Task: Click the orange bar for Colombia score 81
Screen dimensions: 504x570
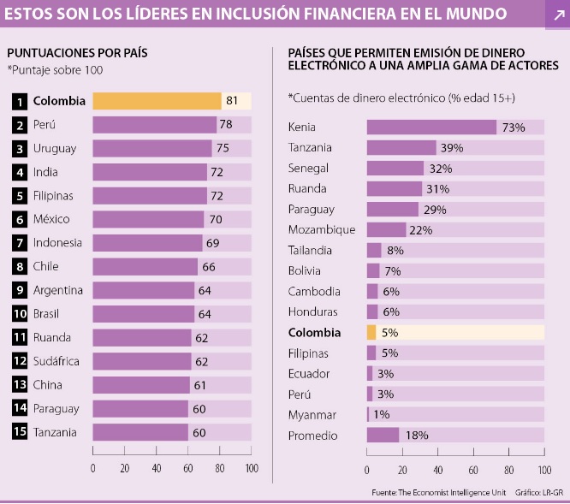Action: [157, 101]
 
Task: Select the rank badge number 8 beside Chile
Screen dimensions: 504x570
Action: [20, 266]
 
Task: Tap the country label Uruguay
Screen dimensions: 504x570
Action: [55, 148]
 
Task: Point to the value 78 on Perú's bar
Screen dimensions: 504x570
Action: [226, 125]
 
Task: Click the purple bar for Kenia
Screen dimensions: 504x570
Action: [431, 127]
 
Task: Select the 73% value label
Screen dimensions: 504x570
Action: [514, 127]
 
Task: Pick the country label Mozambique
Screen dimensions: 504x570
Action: [322, 230]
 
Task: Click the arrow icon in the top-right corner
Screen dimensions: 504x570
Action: [555, 15]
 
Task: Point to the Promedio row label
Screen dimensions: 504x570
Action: [313, 436]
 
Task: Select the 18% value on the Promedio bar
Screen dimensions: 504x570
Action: [417, 436]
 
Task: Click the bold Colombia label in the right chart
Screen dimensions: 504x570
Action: [315, 333]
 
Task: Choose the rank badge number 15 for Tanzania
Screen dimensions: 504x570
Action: [20, 431]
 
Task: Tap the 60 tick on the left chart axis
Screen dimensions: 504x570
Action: [188, 468]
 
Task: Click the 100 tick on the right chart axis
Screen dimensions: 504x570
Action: [543, 470]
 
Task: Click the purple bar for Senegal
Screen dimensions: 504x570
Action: [395, 169]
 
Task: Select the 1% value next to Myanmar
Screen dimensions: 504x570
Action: [381, 415]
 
